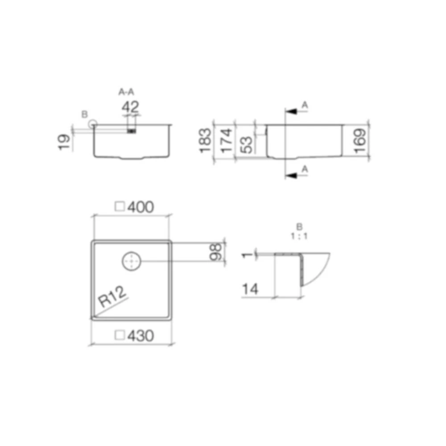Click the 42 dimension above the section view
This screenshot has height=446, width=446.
click(130, 107)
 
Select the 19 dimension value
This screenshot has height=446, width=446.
click(65, 142)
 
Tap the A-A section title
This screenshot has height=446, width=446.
click(126, 92)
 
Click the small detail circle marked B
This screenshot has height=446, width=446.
click(92, 124)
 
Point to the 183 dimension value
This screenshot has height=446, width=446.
click(205, 140)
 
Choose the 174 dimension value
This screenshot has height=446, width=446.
click(227, 140)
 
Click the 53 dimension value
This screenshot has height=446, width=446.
click(247, 145)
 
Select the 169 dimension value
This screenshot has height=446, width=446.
click(360, 141)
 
